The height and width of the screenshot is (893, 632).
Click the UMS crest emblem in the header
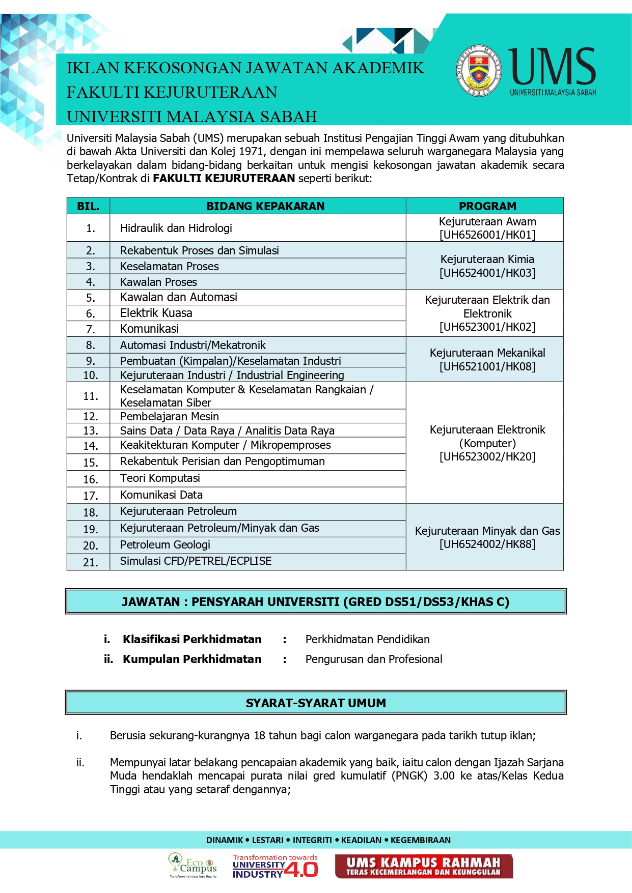pyautogui.click(x=478, y=70)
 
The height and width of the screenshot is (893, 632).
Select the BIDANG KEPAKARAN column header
pyautogui.click(x=265, y=206)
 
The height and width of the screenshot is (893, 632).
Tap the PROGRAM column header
pyautogui.click(x=487, y=206)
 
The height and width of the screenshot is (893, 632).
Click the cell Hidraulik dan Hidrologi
pyautogui.click(x=176, y=228)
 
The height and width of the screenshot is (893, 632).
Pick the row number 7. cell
pyautogui.click(x=91, y=329)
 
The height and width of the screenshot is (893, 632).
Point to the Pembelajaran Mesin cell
pyautogui.click(x=169, y=416)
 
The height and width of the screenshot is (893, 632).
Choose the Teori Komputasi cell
pyautogui.click(x=160, y=478)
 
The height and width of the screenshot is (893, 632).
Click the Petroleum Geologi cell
pyautogui.click(x=165, y=545)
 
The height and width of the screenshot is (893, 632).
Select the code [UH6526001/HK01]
pyautogui.click(x=487, y=235)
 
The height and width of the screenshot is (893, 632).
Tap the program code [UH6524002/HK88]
pyautogui.click(x=487, y=544)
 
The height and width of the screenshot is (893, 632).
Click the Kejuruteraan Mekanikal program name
pyautogui.click(x=487, y=353)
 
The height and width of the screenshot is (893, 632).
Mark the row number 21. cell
pyautogui.click(x=91, y=562)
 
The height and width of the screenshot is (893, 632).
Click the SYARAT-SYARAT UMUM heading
pyautogui.click(x=316, y=703)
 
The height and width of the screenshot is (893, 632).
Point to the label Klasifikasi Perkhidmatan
pyautogui.click(x=192, y=640)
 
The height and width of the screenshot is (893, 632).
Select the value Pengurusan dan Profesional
pyautogui.click(x=374, y=659)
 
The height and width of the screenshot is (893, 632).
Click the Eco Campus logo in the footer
pyautogui.click(x=193, y=866)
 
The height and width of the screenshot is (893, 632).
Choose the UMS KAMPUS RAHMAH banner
pyautogui.click(x=424, y=866)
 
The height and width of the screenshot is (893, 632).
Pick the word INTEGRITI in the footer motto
pyautogui.click(x=312, y=840)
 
